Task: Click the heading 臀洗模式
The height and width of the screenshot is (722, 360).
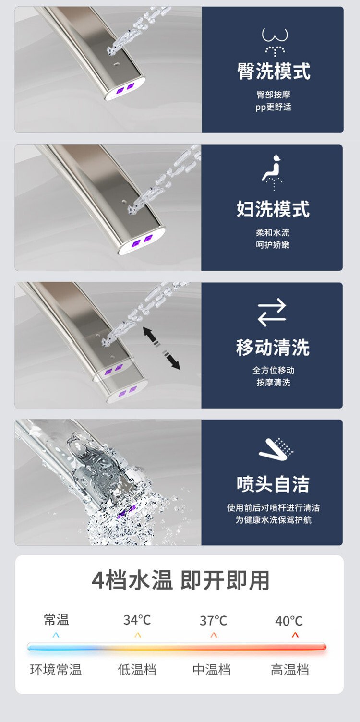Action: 274,71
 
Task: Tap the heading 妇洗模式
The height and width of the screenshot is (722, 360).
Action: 273,209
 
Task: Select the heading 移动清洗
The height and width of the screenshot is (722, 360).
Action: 273,348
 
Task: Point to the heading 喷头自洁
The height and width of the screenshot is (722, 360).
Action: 273,484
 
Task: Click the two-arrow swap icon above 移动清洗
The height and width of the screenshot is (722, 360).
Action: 272,313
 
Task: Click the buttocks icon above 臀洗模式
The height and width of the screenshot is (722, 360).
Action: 275,41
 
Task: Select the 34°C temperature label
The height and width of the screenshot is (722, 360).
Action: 137,620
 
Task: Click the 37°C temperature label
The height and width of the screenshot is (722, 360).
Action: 213,621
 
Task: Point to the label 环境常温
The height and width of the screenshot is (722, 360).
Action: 56,670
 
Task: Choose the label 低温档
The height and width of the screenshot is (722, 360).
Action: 137,670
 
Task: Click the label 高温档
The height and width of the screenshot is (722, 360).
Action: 289,670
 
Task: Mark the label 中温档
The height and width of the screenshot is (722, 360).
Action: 212,670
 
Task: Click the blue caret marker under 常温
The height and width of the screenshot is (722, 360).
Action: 56,635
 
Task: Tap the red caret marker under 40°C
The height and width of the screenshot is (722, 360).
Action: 295,635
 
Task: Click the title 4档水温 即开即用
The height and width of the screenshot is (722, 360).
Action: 180,580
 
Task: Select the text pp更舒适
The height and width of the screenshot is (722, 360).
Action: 273,107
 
